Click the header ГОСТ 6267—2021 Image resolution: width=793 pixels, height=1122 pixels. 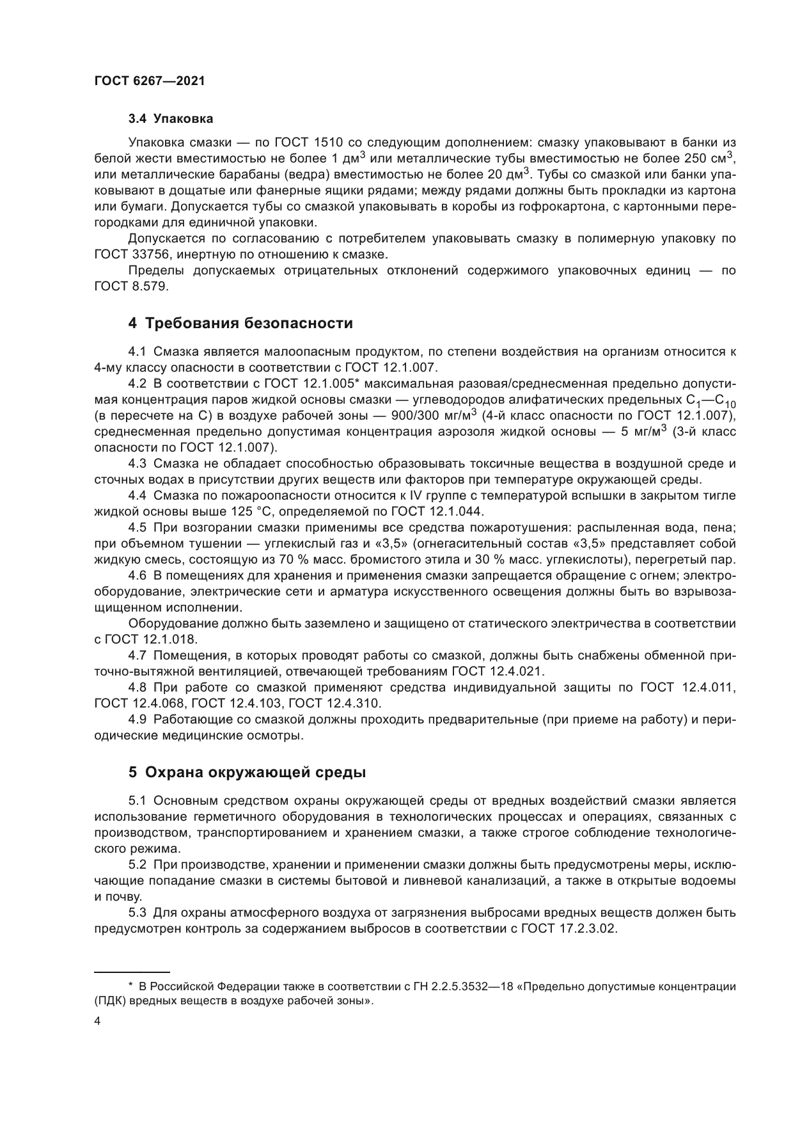150,81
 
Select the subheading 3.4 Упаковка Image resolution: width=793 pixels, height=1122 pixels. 171,118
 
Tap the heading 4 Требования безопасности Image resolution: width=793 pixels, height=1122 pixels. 240,323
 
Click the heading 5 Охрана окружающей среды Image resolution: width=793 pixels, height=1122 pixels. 247,772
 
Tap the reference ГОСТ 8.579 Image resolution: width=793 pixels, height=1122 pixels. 131,287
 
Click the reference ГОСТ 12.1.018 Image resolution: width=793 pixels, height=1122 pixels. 150,640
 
